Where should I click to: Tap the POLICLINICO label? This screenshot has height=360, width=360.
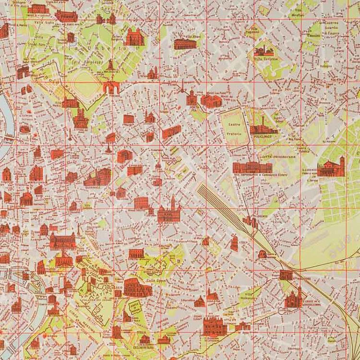coord(263,136)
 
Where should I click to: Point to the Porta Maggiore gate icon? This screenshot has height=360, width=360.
coord(286,275)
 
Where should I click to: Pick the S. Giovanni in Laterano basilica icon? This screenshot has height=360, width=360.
coord(214,326)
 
